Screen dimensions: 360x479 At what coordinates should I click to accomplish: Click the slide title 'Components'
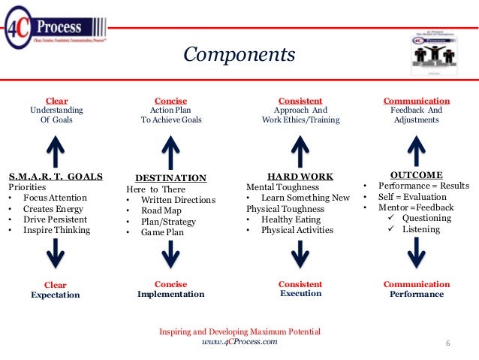(x=239, y=55)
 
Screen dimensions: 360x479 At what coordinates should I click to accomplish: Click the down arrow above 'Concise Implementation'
(x=170, y=253)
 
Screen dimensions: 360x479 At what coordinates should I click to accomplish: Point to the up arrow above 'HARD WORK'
(x=300, y=150)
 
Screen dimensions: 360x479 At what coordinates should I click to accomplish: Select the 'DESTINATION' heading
(x=170, y=178)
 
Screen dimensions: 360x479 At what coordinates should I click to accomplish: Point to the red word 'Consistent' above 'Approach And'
(x=300, y=100)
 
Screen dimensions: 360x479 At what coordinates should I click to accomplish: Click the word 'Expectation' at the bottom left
(x=56, y=295)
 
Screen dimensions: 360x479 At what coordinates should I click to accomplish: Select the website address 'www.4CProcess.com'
(x=239, y=342)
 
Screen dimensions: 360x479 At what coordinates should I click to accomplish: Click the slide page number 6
(x=447, y=344)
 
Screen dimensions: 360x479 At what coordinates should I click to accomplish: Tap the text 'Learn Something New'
(x=306, y=198)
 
